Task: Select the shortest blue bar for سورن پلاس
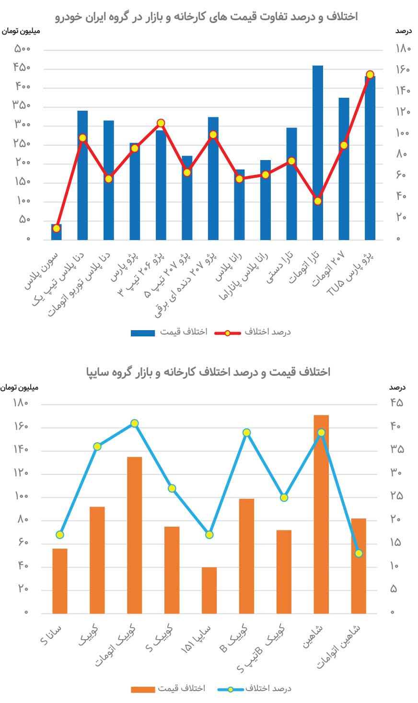tap(57, 232)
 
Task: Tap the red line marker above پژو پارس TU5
tap(370, 75)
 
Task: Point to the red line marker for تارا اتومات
tap(317, 201)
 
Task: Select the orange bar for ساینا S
tap(60, 581)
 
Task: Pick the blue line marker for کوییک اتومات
tap(135, 423)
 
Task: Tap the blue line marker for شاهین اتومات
tap(359, 553)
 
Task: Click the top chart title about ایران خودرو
tap(206, 17)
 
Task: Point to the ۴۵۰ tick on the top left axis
tap(22, 68)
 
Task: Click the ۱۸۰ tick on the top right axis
tap(403, 48)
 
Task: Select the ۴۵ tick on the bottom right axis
tap(396, 403)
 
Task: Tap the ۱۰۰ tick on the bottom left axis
tap(22, 496)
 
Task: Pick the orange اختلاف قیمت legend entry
tap(168, 689)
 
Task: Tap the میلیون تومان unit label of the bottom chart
tap(20, 387)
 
